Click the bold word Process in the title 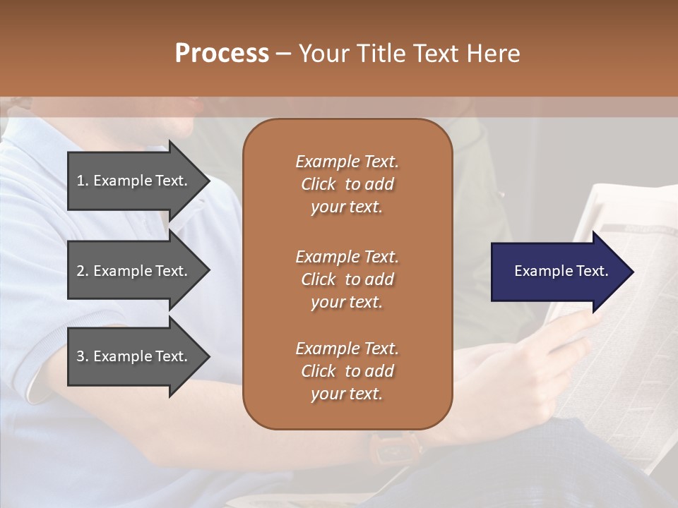tap(222, 54)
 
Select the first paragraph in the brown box tap(347, 184)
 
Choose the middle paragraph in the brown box tap(347, 279)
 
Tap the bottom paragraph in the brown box tap(347, 371)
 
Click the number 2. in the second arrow tap(83, 271)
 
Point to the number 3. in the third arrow tap(83, 356)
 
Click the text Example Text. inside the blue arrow tap(561, 271)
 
